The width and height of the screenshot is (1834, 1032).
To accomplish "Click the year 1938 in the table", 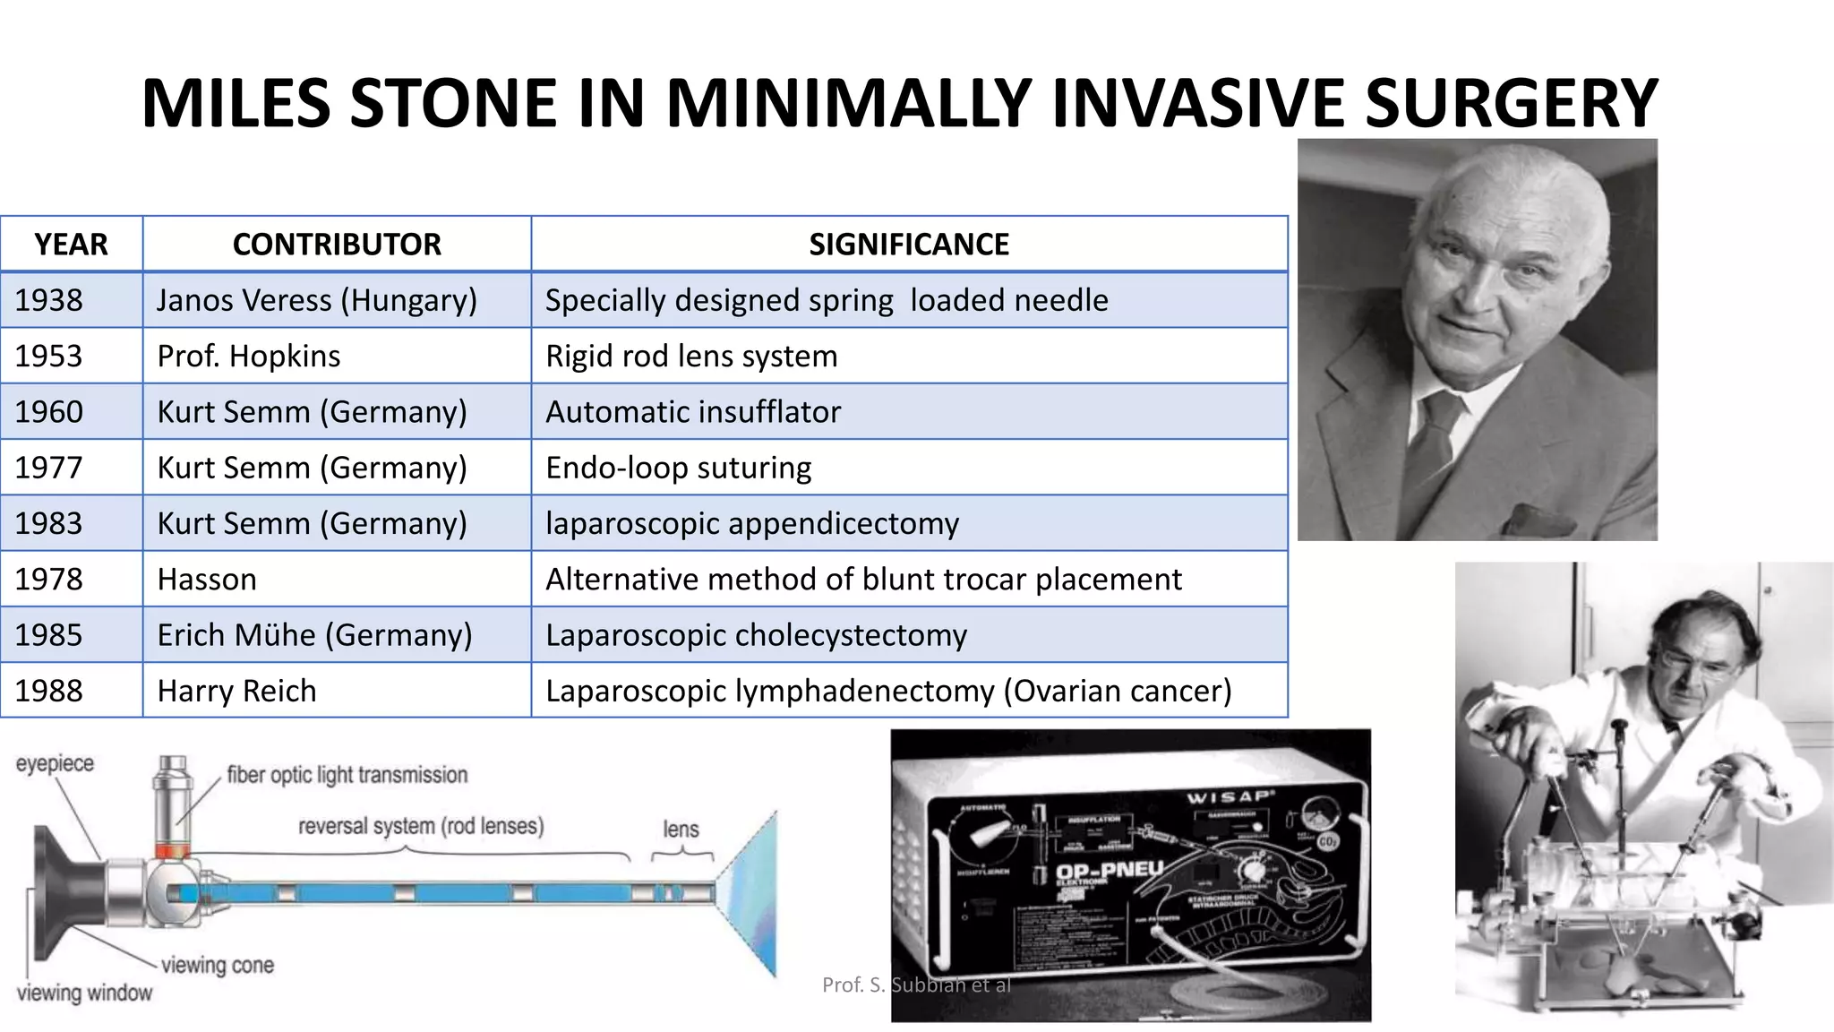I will click(48, 300).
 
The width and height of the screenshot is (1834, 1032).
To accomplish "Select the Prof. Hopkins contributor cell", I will click(248, 356).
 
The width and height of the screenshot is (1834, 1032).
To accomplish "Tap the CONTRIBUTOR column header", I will click(337, 244).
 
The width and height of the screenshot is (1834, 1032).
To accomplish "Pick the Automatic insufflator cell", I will click(692, 412).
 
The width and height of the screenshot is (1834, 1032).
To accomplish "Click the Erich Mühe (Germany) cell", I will click(314, 635).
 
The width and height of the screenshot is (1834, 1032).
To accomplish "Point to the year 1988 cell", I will click(48, 691).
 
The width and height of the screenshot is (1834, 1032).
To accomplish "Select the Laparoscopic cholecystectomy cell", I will click(756, 635).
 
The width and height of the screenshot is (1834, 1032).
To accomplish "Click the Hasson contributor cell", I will click(207, 580).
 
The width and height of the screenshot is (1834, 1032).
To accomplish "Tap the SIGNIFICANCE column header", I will click(908, 244).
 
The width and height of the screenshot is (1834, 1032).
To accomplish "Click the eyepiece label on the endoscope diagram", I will click(55, 763).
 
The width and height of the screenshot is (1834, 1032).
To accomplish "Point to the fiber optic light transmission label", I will click(347, 775).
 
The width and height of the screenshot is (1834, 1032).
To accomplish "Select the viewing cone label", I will click(217, 966).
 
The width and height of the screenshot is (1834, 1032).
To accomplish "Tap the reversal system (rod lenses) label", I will click(421, 825).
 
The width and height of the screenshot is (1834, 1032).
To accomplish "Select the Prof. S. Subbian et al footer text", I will click(916, 985).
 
